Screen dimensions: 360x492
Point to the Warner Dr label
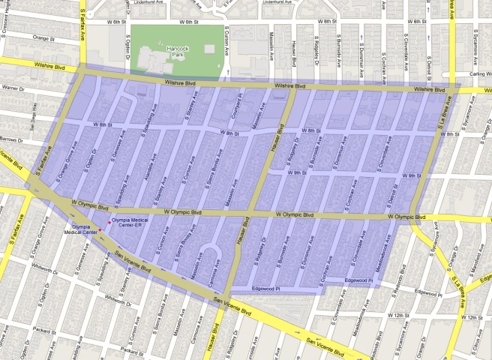pos(14,88)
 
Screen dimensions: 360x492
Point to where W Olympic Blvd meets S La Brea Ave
pos(414,217)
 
